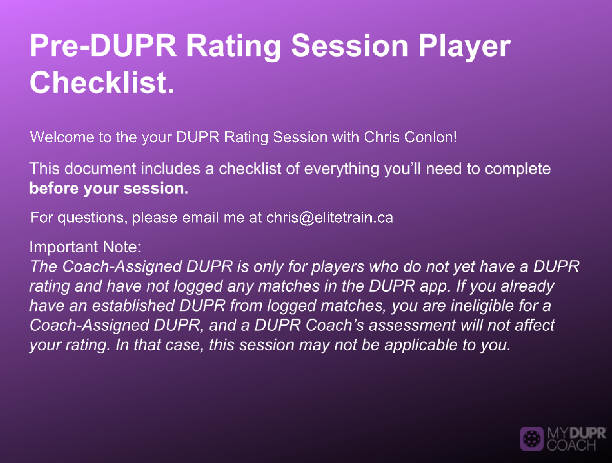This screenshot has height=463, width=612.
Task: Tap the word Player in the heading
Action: [x=464, y=47]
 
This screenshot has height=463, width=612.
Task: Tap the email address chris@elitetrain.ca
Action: [x=330, y=217]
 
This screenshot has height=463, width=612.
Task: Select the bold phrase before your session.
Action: [x=109, y=189]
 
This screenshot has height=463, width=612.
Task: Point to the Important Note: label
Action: [x=85, y=247]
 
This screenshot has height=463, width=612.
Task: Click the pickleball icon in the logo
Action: [x=531, y=439]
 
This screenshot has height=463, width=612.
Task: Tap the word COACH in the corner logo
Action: [x=571, y=446]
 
